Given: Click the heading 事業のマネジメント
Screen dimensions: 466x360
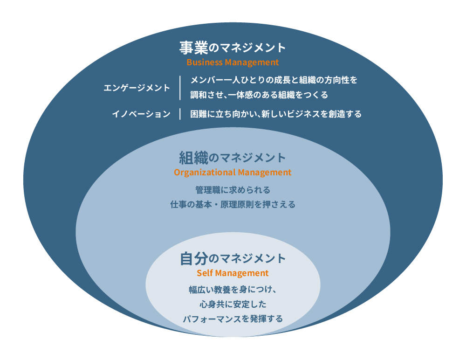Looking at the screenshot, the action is click(x=233, y=48).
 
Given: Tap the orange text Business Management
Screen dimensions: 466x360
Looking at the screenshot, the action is click(x=233, y=62).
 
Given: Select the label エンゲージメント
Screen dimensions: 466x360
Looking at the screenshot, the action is click(x=137, y=88).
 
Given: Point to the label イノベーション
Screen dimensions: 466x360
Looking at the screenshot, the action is click(x=141, y=114).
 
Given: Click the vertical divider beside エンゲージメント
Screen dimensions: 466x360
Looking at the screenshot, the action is click(x=180, y=88).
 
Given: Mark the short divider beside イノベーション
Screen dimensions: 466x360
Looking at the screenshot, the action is click(x=180, y=114).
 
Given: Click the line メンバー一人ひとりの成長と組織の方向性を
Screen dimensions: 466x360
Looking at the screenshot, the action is click(x=274, y=80).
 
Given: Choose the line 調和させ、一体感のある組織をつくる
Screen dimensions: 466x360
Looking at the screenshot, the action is click(x=259, y=95).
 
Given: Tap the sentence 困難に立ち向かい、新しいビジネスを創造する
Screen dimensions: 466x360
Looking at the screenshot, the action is click(x=276, y=114).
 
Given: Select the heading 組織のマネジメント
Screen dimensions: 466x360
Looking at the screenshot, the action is click(x=233, y=158).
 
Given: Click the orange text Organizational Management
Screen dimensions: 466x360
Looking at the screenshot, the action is click(x=233, y=173).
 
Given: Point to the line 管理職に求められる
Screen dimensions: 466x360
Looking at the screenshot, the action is click(x=233, y=190).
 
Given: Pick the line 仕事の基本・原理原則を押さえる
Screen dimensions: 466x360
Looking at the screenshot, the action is click(x=233, y=204).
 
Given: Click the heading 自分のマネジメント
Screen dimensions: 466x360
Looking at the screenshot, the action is click(x=233, y=258).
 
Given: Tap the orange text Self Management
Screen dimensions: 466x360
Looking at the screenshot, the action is click(x=233, y=273).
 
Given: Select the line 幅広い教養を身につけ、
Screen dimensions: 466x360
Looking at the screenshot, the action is click(x=233, y=290).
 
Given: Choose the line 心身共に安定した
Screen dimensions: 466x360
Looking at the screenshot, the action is click(x=233, y=304).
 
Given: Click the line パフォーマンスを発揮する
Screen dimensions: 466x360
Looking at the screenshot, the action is click(x=233, y=318).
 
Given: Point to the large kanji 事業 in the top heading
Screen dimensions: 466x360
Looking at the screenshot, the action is click(x=194, y=48).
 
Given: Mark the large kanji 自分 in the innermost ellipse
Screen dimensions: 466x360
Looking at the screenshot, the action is click(x=194, y=258).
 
